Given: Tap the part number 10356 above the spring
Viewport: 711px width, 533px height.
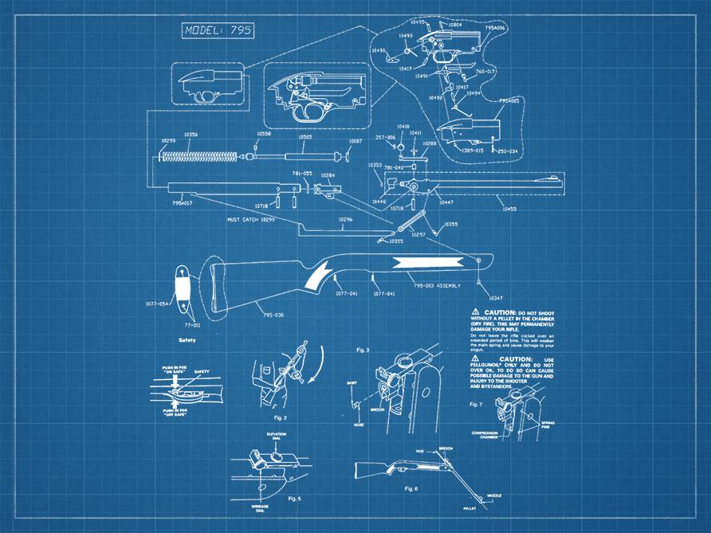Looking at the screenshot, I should tap(191, 135).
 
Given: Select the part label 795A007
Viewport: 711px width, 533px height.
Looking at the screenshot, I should tap(183, 202).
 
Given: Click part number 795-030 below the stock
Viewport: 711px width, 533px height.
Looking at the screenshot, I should tap(273, 315).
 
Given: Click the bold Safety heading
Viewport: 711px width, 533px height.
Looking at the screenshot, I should tap(187, 340).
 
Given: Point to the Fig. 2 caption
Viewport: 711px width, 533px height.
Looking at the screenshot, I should tap(280, 417).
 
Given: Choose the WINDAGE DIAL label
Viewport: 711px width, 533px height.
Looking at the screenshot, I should tap(253, 507).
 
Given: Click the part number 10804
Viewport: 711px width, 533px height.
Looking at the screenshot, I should tap(455, 25).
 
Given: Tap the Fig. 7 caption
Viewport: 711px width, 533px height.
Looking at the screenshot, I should tap(476, 404).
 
